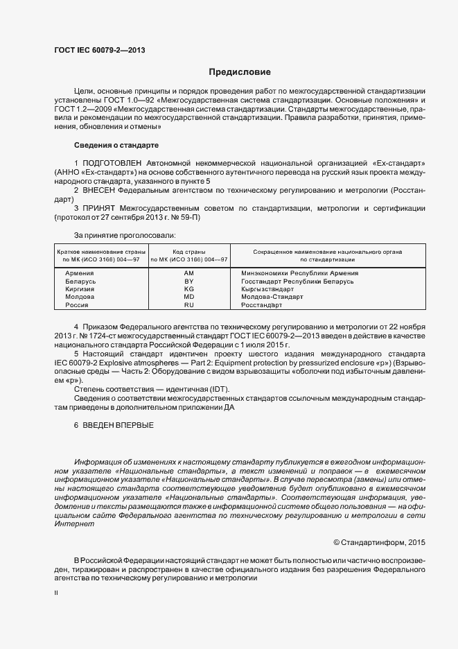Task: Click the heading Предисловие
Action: pyautogui.click(x=240, y=72)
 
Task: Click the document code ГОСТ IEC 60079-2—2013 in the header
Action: pyautogui.click(x=99, y=50)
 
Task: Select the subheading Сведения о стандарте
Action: pyautogui.click(x=116, y=145)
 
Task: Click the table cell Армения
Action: pyautogui.click(x=80, y=273)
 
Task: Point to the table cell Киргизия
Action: pyautogui.click(x=80, y=289)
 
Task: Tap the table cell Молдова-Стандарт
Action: pyautogui.click(x=272, y=297)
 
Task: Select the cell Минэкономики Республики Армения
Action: pyautogui.click(x=299, y=273)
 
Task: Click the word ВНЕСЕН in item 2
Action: pyautogui.click(x=98, y=189)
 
